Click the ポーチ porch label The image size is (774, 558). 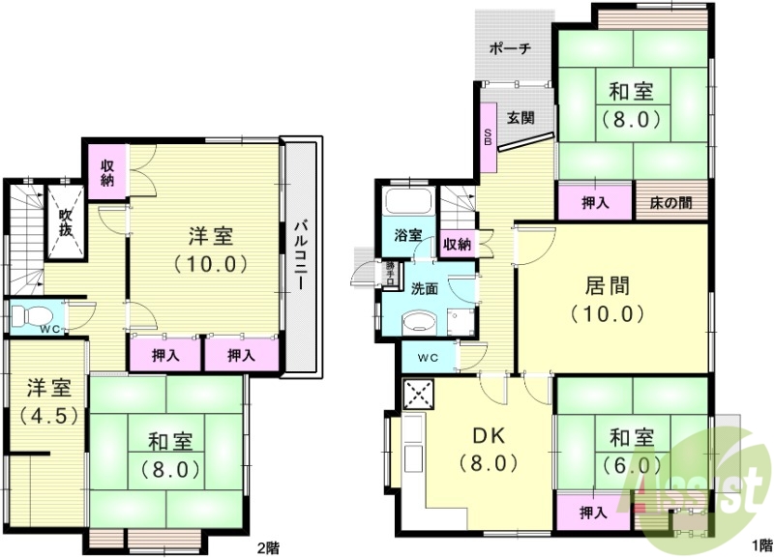click(x=510, y=48)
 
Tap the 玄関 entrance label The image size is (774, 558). click(x=521, y=119)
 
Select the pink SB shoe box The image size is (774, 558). click(x=489, y=136)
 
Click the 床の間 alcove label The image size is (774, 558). click(x=670, y=204)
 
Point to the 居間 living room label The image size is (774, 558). click(x=607, y=285)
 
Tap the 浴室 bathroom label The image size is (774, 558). click(x=407, y=235)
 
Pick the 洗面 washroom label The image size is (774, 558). click(x=424, y=288)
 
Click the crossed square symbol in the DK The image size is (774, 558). click(x=420, y=394)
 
